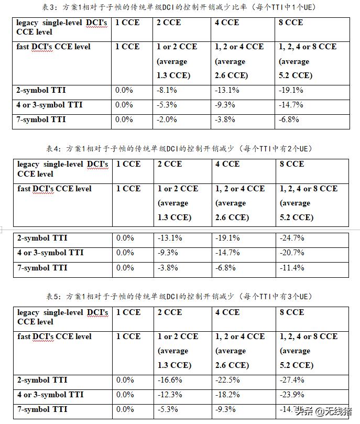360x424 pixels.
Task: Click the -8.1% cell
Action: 168,90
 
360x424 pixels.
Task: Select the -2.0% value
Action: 168,119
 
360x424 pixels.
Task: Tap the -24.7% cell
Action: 292,238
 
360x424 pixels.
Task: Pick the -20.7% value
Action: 292,253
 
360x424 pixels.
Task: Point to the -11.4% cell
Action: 292,268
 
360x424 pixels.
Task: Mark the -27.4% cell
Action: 292,380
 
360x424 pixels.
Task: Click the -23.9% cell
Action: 292,395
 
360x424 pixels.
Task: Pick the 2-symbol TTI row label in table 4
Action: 42,238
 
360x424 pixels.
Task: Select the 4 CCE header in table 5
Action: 227,312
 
